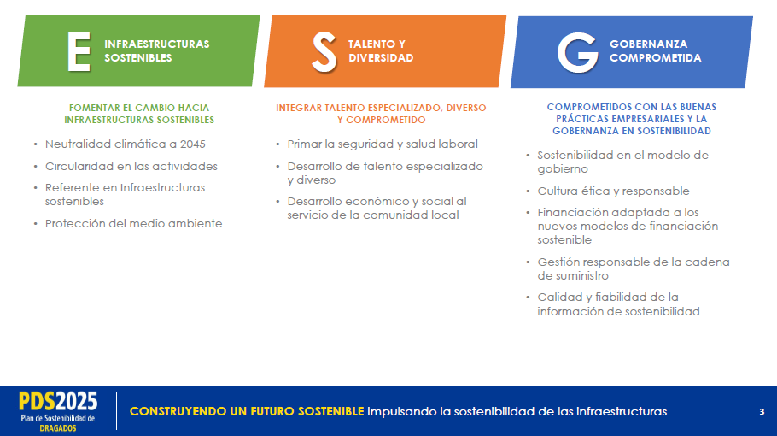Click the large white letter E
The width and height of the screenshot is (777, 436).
pyautogui.click(x=79, y=52)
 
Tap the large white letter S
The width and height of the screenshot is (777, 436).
pyautogui.click(x=324, y=53)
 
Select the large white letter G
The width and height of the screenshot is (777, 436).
pyautogui.click(x=578, y=53)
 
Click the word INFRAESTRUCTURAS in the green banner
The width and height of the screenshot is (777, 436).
pyautogui.click(x=156, y=44)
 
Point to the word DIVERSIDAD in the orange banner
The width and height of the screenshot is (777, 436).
pyautogui.click(x=381, y=58)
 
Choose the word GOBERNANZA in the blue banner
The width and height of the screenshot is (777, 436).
pyautogui.click(x=648, y=44)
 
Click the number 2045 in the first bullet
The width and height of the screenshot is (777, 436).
pyautogui.click(x=193, y=144)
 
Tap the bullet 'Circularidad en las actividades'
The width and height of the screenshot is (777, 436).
pyautogui.click(x=131, y=166)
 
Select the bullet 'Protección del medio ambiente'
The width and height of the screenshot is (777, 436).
pyautogui.click(x=133, y=224)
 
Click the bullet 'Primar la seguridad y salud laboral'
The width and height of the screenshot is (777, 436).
pyautogui.click(x=383, y=144)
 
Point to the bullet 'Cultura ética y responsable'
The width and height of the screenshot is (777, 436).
pyautogui.click(x=613, y=191)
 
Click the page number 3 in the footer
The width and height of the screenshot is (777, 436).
pyautogui.click(x=762, y=412)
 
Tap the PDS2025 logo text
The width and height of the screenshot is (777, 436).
pyautogui.click(x=58, y=401)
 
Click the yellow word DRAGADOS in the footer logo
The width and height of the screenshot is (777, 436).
pyautogui.click(x=58, y=428)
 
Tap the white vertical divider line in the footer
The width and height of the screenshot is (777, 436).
pyautogui.click(x=117, y=411)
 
